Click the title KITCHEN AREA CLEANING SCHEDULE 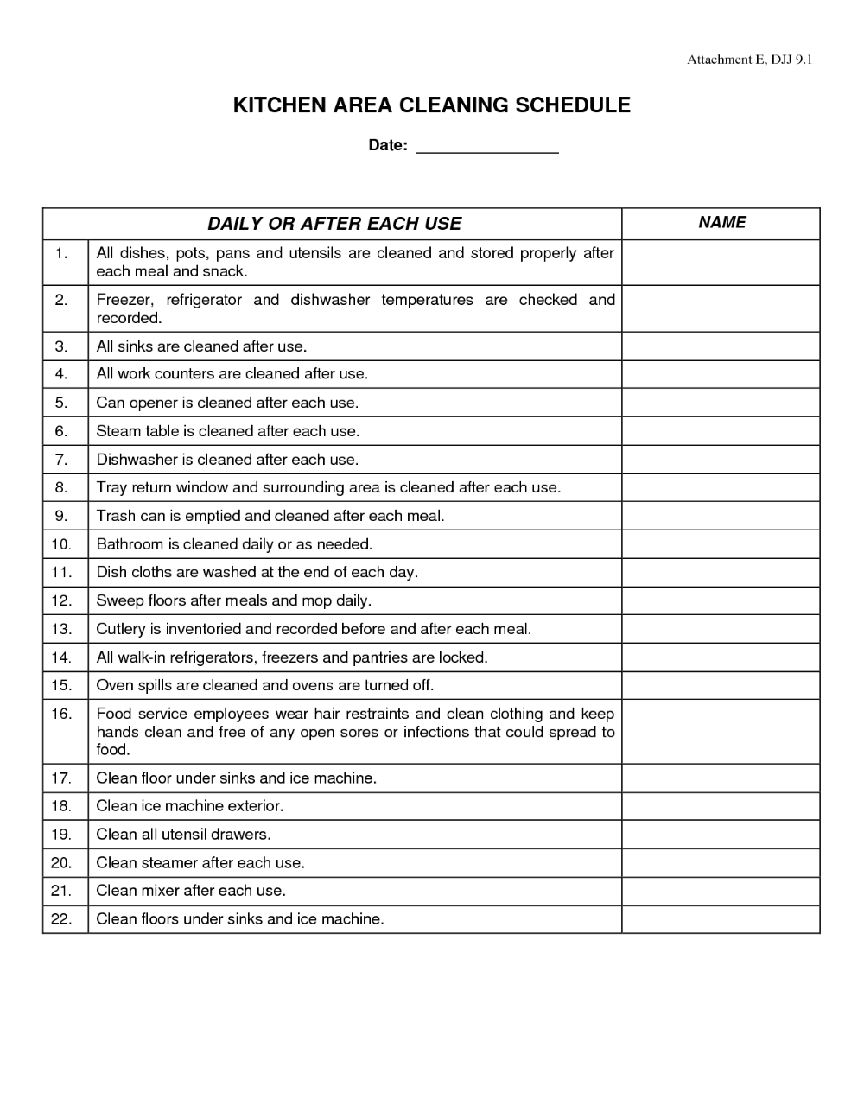pyautogui.click(x=432, y=105)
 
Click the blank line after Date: pyautogui.click(x=487, y=147)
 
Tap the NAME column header pyautogui.click(x=721, y=223)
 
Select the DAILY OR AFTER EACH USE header pyautogui.click(x=334, y=224)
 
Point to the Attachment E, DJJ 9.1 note pyautogui.click(x=749, y=60)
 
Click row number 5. pyautogui.click(x=60, y=403)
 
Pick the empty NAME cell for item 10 pyautogui.click(x=721, y=544)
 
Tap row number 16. pyautogui.click(x=60, y=714)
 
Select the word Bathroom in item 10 pyautogui.click(x=130, y=544)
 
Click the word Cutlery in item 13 pyautogui.click(x=121, y=629)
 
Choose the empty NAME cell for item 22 pyautogui.click(x=721, y=919)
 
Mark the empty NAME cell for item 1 pyautogui.click(x=721, y=262)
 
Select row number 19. pyautogui.click(x=60, y=835)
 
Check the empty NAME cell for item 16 pyautogui.click(x=721, y=731)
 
